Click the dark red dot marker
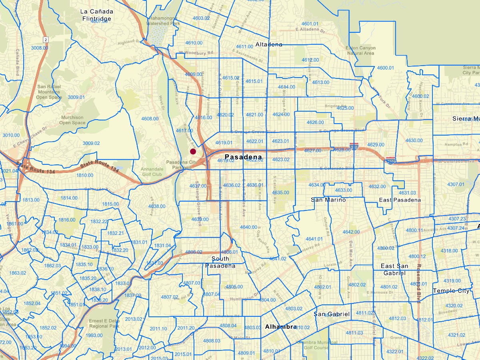click(193, 152)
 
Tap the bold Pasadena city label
click(243, 157)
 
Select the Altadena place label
click(269, 44)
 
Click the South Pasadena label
click(220, 262)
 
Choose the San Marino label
click(328, 199)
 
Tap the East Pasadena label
click(400, 200)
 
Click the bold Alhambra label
click(281, 327)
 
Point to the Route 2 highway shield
click(46, 39)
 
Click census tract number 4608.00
click(150, 119)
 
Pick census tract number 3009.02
click(91, 143)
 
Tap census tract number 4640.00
click(248, 227)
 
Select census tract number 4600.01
click(386, 68)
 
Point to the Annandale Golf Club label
click(151, 172)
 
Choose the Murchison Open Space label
click(72, 120)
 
